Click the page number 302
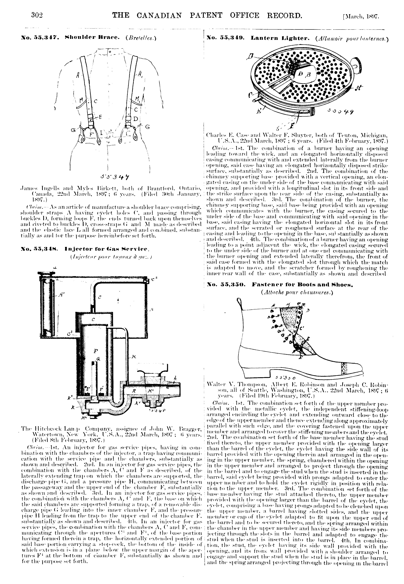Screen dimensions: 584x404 tap(37, 15)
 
